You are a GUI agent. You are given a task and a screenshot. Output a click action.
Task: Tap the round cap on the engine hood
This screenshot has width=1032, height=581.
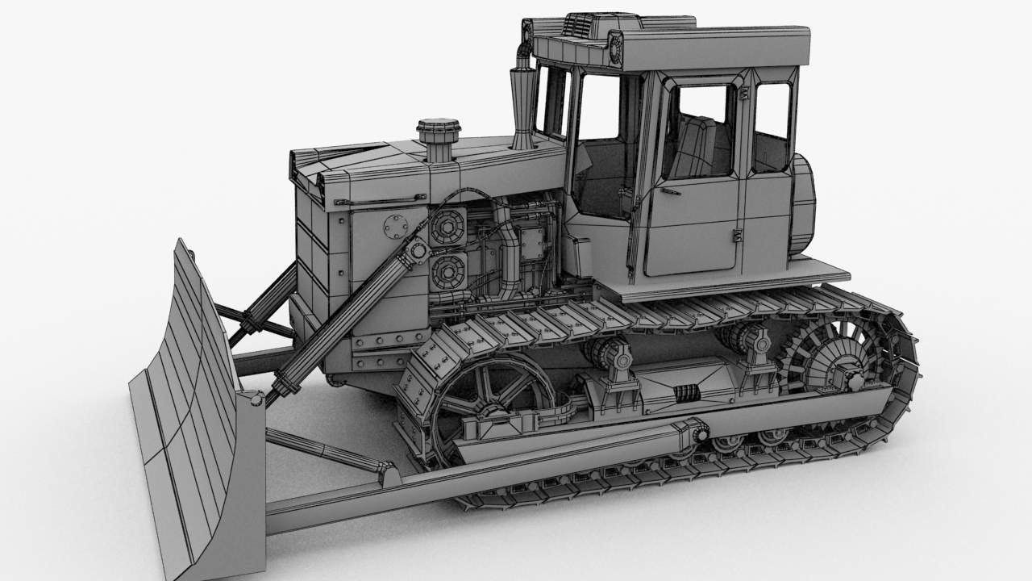point(438,129)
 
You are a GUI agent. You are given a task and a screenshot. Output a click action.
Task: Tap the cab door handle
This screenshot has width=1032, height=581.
point(668,191)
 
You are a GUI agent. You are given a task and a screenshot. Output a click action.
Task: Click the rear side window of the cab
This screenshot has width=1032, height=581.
point(772,127)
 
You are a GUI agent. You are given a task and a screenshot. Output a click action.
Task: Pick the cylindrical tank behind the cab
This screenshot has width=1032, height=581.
point(803,202)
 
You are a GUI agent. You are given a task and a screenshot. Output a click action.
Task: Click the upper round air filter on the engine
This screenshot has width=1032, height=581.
point(445,228)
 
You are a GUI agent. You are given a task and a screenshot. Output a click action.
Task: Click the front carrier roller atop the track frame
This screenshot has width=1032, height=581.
point(611,353)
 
